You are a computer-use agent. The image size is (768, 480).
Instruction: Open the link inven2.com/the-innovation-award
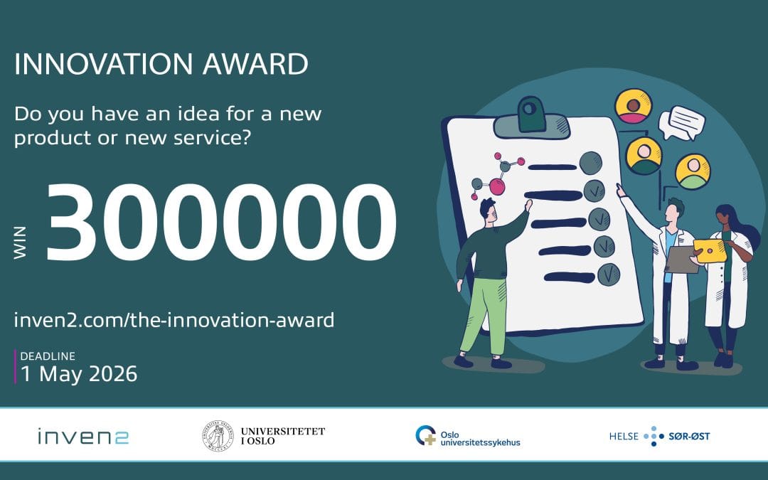click(174, 320)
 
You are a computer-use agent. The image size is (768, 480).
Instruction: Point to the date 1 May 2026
click(79, 374)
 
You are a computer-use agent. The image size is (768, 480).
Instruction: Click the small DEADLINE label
click(48, 356)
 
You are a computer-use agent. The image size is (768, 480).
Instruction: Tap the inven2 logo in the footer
click(83, 436)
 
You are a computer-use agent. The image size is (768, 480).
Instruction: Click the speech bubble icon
click(681, 122)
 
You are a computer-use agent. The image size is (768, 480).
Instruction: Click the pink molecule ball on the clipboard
click(497, 186)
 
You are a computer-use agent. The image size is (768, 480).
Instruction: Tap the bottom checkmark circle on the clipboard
click(608, 274)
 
